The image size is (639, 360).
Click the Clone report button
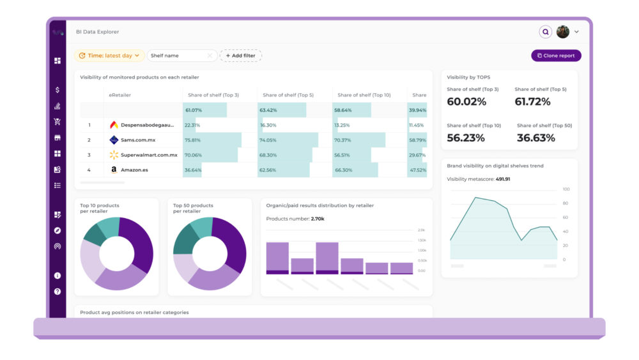(556, 56)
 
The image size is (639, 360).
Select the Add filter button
(240, 56)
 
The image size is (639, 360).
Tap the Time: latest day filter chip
(109, 56)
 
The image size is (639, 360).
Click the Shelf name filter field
(181, 56)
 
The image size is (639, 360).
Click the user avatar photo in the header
(562, 31)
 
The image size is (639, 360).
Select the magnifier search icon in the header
(545, 31)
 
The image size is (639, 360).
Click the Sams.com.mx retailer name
(138, 140)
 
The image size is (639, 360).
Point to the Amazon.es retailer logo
(114, 170)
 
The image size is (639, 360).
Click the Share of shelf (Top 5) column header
(288, 95)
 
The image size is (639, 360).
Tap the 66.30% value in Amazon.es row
(343, 170)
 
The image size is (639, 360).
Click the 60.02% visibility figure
(466, 102)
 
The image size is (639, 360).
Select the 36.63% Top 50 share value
(535, 138)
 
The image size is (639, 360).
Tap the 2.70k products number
(317, 219)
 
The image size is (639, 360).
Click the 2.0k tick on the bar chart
(422, 230)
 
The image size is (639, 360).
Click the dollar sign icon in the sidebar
(58, 90)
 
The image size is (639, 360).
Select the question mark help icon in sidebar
(58, 292)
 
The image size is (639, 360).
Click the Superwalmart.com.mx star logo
(114, 155)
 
